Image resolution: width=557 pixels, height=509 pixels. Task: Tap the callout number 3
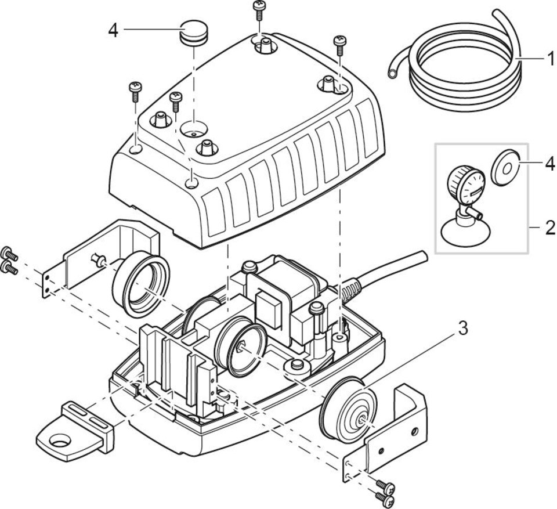coord(462,329)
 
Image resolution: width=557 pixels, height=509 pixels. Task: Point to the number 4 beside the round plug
coord(113,30)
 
